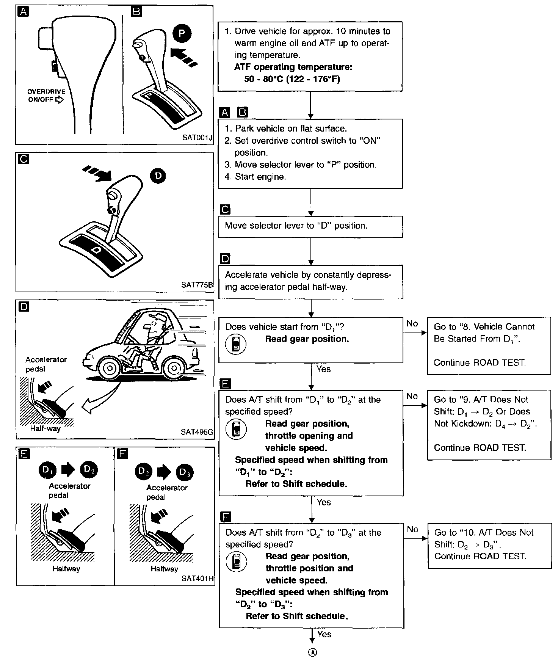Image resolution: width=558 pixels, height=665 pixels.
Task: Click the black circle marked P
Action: [x=182, y=34]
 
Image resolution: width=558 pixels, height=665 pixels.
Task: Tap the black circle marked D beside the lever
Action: [x=158, y=176]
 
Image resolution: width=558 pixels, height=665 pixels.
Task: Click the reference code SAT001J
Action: [x=197, y=137]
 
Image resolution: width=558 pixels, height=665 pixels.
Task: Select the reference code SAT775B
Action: [x=197, y=285]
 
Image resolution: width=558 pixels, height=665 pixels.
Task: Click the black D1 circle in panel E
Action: [x=47, y=470]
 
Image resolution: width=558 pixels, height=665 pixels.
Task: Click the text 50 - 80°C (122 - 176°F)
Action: [x=292, y=79]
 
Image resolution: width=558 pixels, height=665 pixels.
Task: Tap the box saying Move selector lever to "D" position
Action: [x=310, y=226]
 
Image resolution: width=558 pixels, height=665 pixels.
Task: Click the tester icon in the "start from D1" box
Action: [x=236, y=344]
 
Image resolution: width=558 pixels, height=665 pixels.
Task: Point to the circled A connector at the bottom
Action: [x=312, y=652]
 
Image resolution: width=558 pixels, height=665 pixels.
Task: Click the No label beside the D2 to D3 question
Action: [x=412, y=529]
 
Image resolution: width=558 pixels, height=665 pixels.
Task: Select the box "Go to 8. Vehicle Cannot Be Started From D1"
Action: [x=489, y=345]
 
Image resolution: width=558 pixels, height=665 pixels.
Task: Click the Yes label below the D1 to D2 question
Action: [x=324, y=502]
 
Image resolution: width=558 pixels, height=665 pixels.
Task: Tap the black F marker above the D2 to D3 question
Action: [x=226, y=517]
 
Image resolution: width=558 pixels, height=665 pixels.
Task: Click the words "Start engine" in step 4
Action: [x=260, y=177]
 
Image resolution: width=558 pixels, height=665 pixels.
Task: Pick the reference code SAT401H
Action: [x=197, y=579]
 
